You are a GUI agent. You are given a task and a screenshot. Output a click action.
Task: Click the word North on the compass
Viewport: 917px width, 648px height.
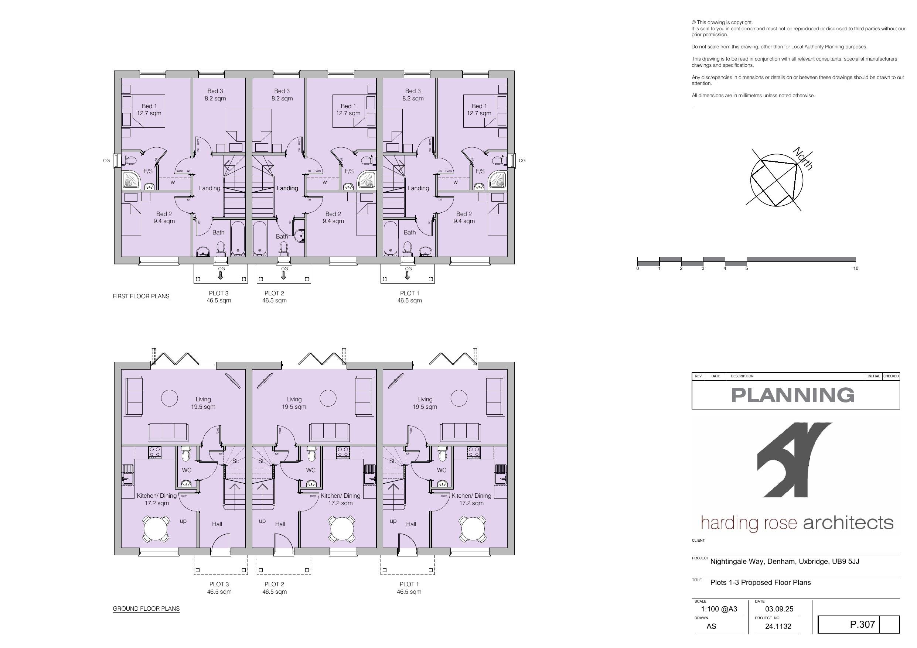point(803,158)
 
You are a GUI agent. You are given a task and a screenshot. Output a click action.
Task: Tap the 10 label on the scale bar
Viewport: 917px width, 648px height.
point(856,268)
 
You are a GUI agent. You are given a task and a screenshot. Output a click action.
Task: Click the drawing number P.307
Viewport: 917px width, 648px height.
point(862,624)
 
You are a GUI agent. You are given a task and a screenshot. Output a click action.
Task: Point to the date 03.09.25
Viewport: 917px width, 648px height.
point(779,609)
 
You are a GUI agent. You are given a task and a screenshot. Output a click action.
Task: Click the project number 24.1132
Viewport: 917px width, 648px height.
point(778,627)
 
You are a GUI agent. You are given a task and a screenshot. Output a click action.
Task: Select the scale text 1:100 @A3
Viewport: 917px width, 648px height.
point(719,609)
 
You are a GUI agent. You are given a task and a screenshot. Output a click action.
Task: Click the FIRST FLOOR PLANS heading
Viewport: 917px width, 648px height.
point(141,296)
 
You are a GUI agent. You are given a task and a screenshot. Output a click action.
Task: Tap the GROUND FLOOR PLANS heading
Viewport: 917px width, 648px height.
point(146,608)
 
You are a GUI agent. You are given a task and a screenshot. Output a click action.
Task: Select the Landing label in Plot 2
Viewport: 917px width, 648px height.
point(287,188)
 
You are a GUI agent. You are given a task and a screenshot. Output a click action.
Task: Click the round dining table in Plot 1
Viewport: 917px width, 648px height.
point(473,529)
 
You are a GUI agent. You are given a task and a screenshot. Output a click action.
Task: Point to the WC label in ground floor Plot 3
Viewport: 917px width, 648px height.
point(187,470)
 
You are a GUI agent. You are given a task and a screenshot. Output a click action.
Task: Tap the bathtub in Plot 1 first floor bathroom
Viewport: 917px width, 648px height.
point(390,239)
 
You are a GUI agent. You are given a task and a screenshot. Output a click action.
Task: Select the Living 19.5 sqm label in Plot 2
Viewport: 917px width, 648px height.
point(294,403)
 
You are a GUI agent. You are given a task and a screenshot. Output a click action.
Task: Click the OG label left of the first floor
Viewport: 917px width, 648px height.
point(106,161)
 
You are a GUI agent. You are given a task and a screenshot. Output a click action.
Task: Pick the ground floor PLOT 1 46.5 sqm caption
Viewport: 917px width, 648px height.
point(409,588)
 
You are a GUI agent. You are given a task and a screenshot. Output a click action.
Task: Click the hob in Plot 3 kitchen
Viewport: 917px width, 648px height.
point(154,452)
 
